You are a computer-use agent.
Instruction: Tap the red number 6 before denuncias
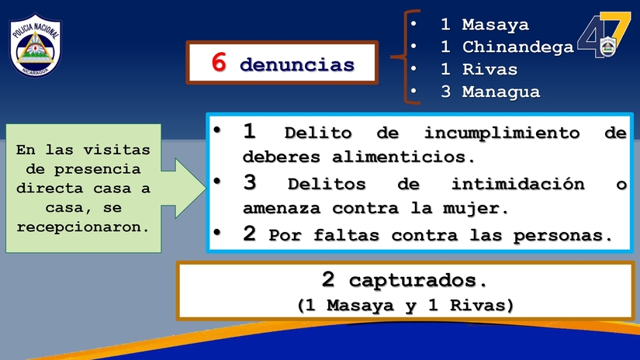[219, 64]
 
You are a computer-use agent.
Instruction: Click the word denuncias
[297, 65]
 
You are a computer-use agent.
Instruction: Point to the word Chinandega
[517, 47]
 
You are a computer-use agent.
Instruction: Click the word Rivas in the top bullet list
[490, 69]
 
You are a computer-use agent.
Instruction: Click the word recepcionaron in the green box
[83, 228]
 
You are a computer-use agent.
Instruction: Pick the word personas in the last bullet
[559, 236]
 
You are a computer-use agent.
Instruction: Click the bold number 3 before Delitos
[249, 183]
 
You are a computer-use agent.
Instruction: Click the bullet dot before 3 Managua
[414, 92]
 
